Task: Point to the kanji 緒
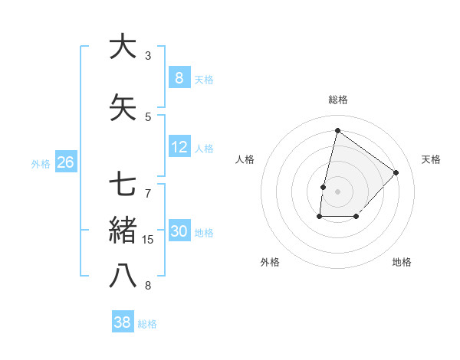tap(123, 230)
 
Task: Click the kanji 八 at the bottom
tap(123, 277)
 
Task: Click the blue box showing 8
tap(179, 77)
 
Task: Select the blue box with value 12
tap(179, 147)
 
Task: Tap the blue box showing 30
tap(179, 231)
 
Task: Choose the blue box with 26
tap(65, 162)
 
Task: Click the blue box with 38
tap(122, 322)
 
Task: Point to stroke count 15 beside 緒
tap(149, 240)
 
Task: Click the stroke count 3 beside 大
tap(148, 56)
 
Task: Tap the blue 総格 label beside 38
tap(147, 324)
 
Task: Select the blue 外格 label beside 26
tap(41, 163)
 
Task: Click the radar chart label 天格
tap(431, 159)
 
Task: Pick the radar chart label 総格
tap(337, 100)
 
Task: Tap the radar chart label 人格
tap(245, 159)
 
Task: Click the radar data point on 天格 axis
tap(396, 172)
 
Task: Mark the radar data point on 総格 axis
tap(337, 131)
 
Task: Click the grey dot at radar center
tap(337, 191)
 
